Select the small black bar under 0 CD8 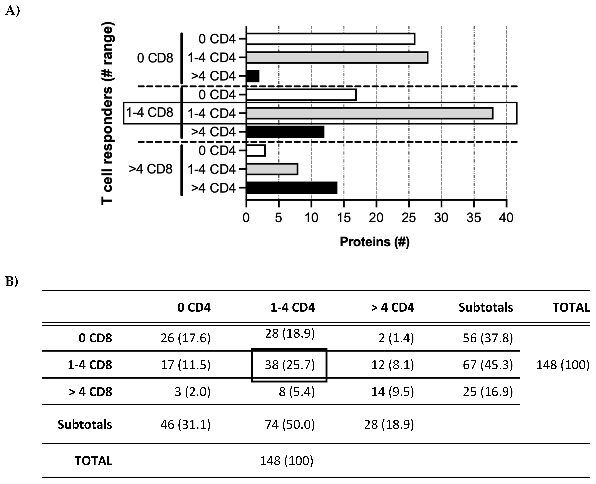click(253, 76)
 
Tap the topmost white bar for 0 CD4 click(331, 39)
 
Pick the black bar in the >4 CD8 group click(292, 188)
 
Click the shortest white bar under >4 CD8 click(256, 151)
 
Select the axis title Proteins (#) click(374, 242)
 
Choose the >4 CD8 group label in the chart click(151, 169)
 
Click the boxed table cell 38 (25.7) click(289, 365)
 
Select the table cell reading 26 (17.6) click(185, 338)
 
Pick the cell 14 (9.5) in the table click(392, 392)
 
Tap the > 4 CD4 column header click(392, 307)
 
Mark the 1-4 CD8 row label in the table click(90, 365)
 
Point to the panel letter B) click(12, 282)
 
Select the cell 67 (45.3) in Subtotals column click(488, 365)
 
